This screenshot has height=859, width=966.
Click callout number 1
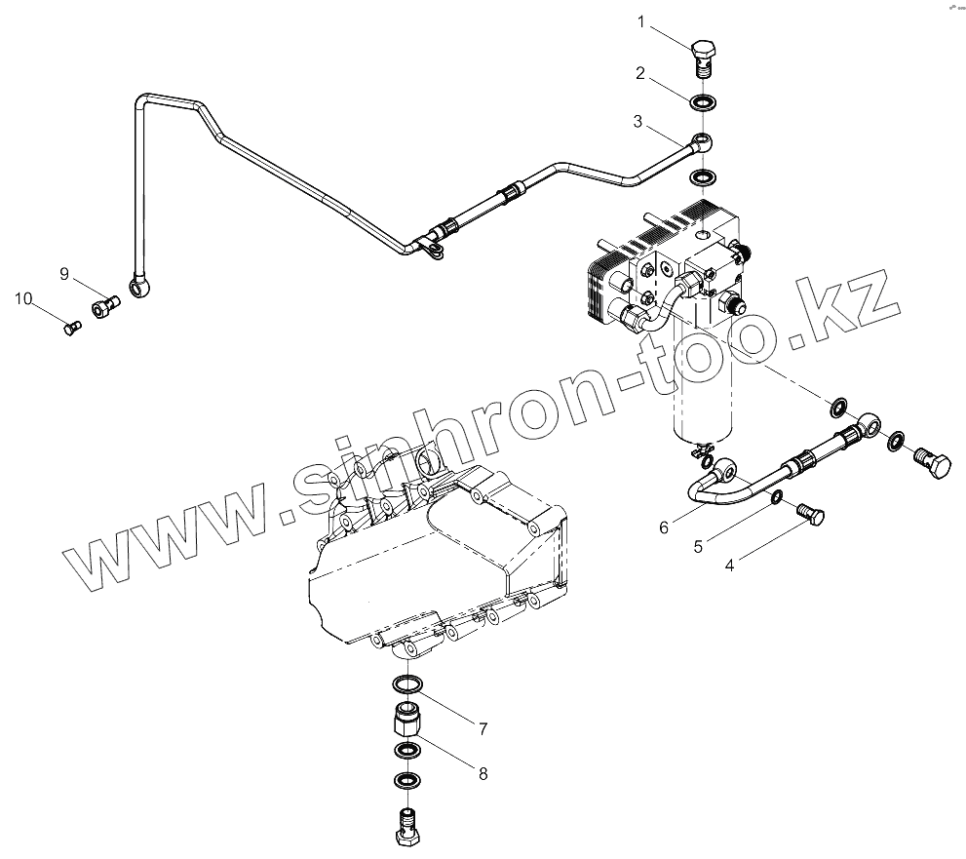click(641, 20)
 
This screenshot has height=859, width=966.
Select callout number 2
click(640, 72)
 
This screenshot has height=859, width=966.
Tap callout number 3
click(638, 122)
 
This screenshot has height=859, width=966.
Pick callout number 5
click(698, 546)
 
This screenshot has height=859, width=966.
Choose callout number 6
click(664, 527)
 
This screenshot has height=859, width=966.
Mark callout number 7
click(482, 727)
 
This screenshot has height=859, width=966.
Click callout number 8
click(482, 774)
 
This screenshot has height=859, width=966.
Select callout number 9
click(64, 274)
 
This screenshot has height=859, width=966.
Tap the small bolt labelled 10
click(71, 329)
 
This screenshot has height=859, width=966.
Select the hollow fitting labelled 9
click(104, 308)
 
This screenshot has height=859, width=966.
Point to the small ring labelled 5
click(776, 499)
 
